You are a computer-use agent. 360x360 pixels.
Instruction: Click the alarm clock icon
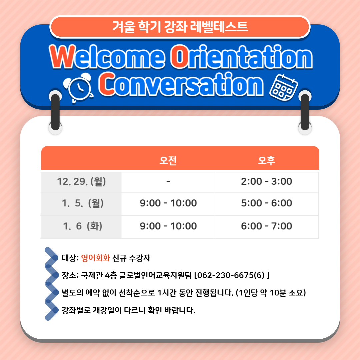79,88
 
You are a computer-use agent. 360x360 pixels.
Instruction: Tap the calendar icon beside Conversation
284,87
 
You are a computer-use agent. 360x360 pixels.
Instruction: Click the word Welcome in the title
107,57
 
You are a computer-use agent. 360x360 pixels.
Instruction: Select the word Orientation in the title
241,57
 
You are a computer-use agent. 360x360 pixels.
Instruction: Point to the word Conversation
181,84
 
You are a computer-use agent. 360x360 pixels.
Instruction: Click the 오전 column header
168,160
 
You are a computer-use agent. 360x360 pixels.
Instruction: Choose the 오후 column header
267,160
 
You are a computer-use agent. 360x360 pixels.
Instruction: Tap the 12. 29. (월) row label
82,182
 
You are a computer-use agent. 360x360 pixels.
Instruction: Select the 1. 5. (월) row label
83,203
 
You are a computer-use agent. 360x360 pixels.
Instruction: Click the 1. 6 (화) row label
82,226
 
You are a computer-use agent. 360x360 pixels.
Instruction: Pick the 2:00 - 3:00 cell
267,181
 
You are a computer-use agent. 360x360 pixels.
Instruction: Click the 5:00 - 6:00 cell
267,203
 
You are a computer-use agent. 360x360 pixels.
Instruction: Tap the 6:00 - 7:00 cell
267,226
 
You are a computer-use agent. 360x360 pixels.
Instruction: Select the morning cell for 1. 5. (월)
168,203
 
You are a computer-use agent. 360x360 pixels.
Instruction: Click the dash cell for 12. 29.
168,181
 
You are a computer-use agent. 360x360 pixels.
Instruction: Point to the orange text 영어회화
96,258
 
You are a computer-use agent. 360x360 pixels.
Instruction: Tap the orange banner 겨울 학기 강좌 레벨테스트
180,27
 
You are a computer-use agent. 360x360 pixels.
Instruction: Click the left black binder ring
55,112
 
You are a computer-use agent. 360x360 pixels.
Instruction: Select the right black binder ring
305,112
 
